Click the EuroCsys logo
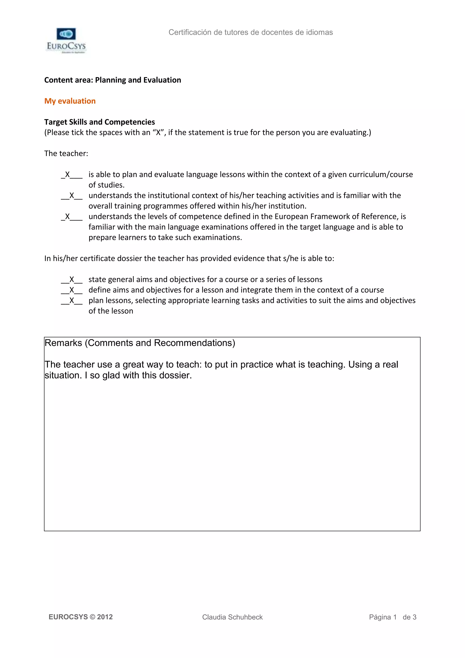pos(66,40)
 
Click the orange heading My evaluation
pos(70,101)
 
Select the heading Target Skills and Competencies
pos(99,122)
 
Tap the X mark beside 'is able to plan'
pos(68,175)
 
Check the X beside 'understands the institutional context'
pos(72,195)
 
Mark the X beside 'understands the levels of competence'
pos(68,216)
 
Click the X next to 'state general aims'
pos(72,280)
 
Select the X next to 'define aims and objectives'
pos(72,290)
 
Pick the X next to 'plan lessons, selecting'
pos(72,300)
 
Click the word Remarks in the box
pos(63,343)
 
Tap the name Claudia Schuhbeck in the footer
pos(232,617)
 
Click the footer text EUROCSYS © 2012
pos(81,617)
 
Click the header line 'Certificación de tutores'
pos(250,32)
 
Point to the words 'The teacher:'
pos(66,154)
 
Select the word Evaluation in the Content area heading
pos(162,80)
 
